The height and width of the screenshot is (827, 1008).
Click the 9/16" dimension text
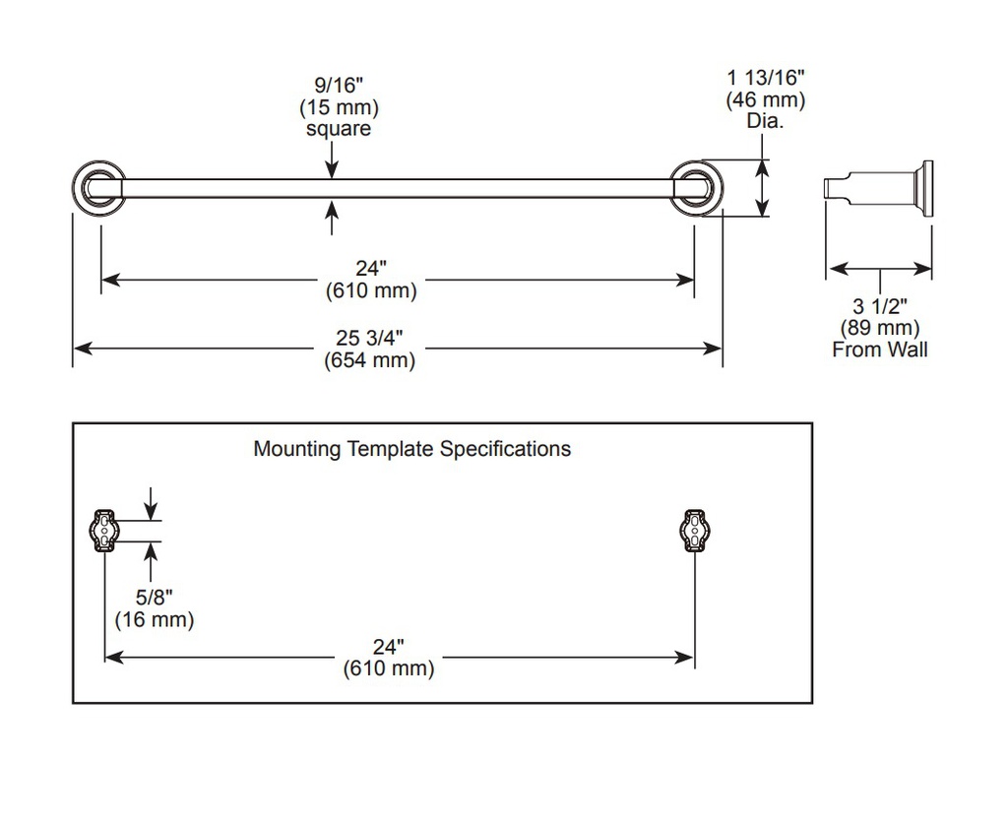339,85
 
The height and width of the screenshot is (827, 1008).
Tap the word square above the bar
339,129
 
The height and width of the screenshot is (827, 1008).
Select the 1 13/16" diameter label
766,78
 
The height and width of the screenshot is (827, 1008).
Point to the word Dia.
766,121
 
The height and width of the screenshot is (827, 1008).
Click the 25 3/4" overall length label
370,338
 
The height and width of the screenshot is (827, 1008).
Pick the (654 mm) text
370,360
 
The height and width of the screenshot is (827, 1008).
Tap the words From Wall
880,350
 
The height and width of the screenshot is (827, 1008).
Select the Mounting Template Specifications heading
412,448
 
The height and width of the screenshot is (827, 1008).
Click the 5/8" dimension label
155,598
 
